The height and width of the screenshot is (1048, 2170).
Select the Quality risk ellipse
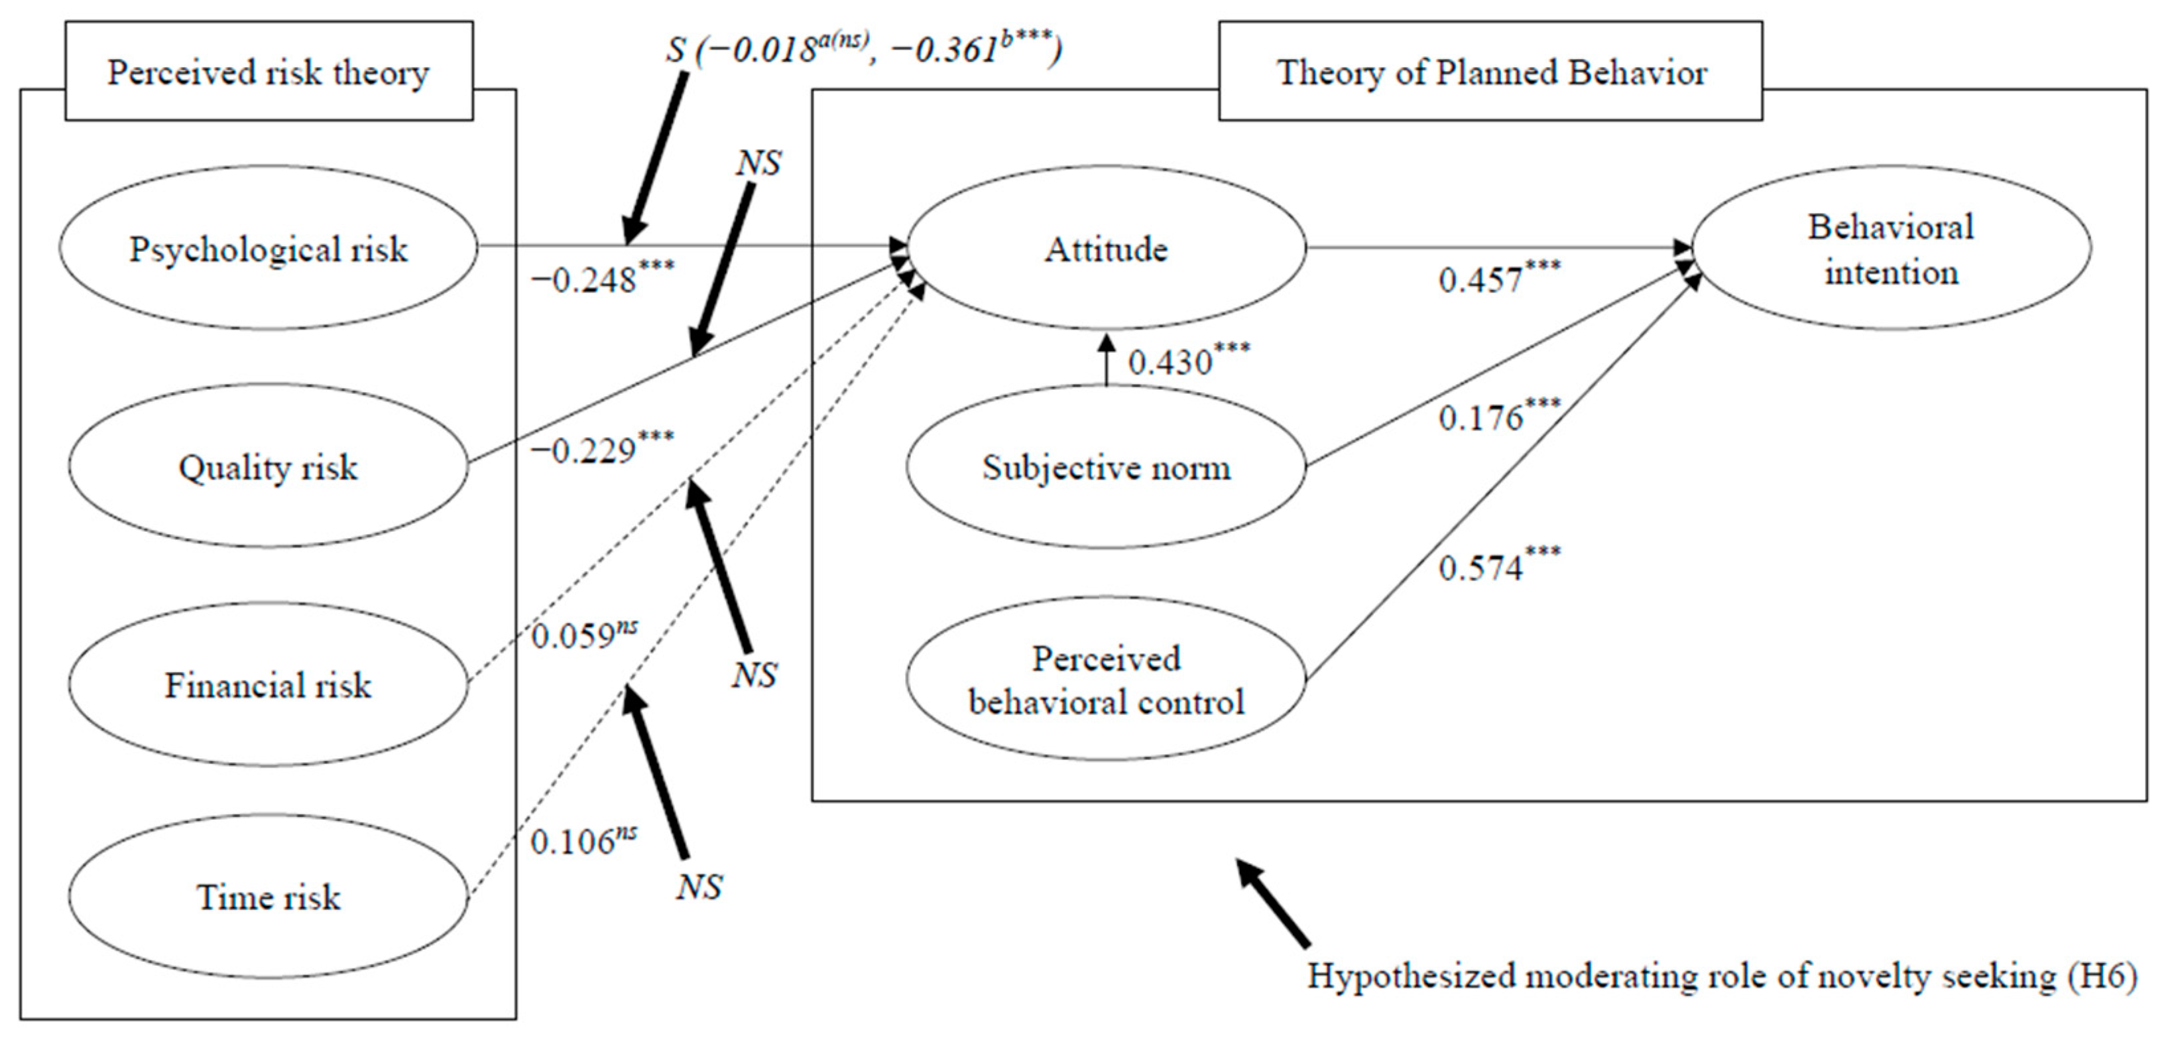click(268, 467)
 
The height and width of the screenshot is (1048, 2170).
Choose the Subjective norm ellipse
click(1105, 467)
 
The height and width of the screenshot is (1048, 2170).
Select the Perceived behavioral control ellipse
click(1105, 680)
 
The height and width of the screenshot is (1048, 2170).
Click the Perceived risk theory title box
click(268, 72)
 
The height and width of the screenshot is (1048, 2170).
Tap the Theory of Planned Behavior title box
click(1490, 72)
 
